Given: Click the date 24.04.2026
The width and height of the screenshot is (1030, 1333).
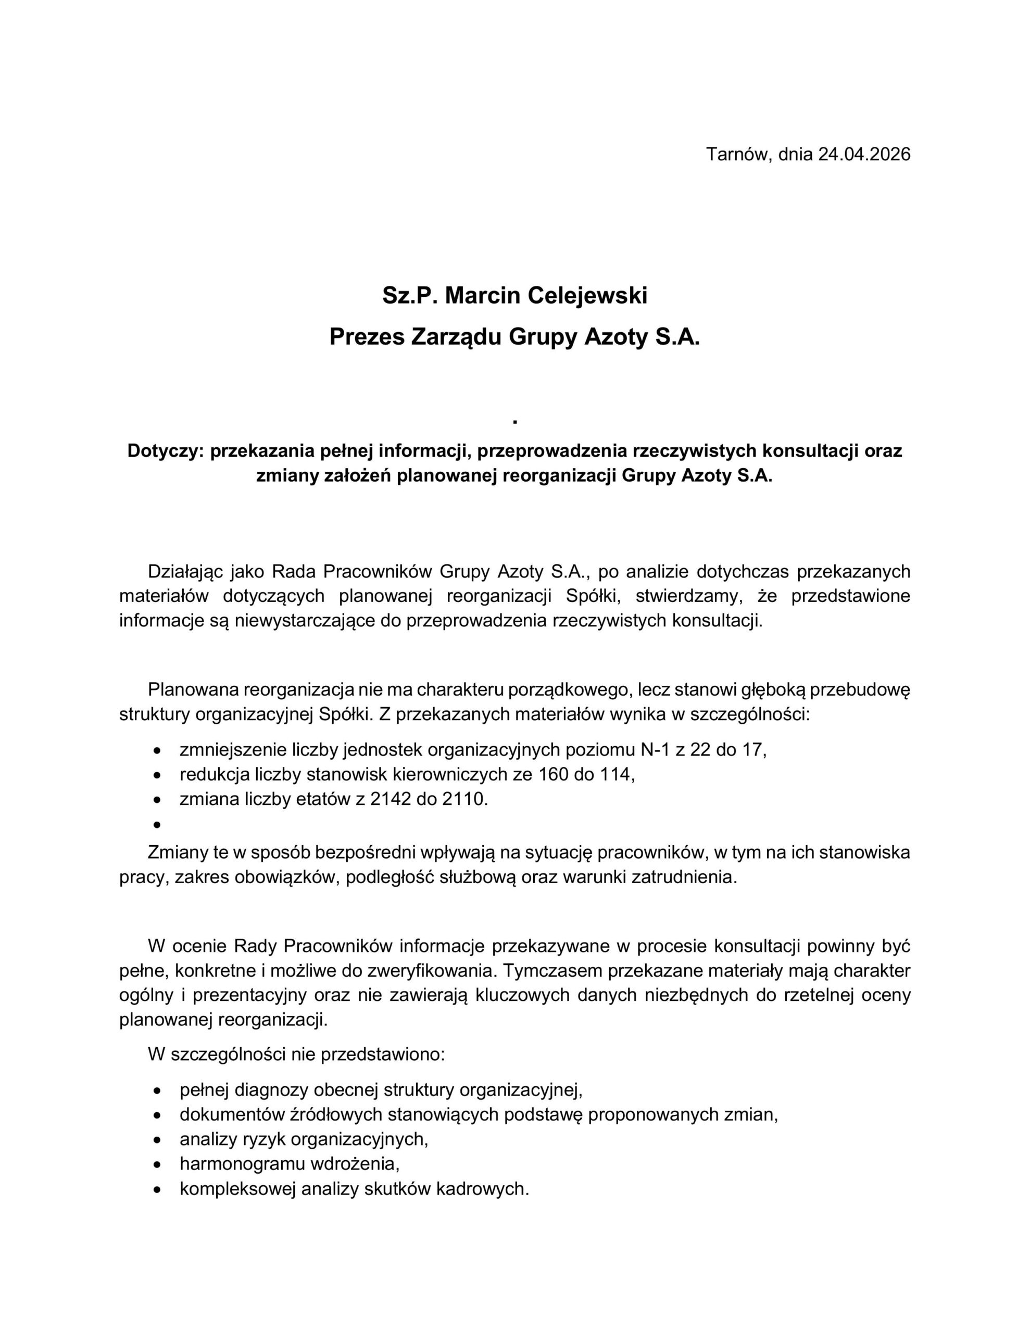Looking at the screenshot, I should point(864,154).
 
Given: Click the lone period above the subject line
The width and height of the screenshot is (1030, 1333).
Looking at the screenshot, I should point(516,422).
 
